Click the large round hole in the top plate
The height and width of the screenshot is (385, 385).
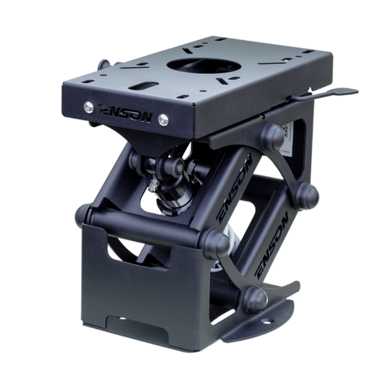(203, 65)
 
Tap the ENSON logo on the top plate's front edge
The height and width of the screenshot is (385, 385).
(126, 114)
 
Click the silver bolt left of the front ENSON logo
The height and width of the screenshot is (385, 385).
(89, 107)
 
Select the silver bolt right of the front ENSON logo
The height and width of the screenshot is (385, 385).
(163, 119)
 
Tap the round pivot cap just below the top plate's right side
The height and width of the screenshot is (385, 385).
(273, 136)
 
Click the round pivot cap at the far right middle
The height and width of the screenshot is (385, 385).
(307, 196)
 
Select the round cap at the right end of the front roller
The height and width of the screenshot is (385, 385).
(215, 244)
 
